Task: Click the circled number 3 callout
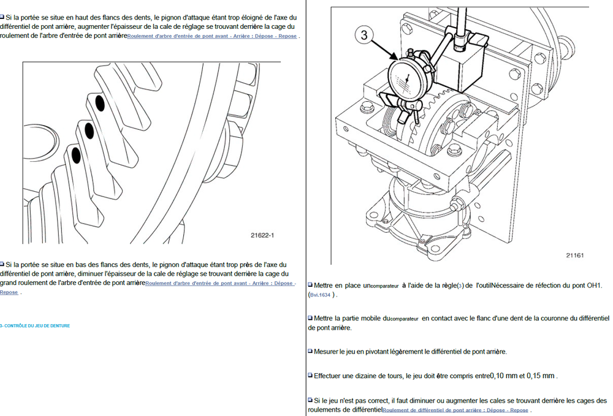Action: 364,36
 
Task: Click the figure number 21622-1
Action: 262,235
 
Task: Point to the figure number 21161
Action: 575,254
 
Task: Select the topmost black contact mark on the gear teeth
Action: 100,104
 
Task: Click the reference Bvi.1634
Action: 321,295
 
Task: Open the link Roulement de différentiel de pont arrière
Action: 455,410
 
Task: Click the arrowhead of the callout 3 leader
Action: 398,59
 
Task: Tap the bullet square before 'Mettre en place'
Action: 310,285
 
